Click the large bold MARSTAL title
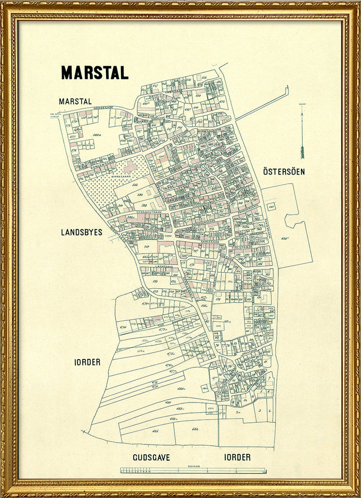pyautogui.click(x=95, y=73)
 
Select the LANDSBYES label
pyautogui.click(x=82, y=232)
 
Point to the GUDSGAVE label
pyautogui.click(x=151, y=457)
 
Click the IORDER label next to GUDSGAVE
pyautogui.click(x=237, y=457)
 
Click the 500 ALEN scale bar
pyautogui.click(x=193, y=470)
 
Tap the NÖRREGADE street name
pyautogui.click(x=102, y=108)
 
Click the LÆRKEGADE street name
pyautogui.click(x=161, y=267)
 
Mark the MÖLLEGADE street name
pyautogui.click(x=250, y=350)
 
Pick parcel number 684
pyautogui.click(x=195, y=429)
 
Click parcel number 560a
pyautogui.click(x=96, y=135)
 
